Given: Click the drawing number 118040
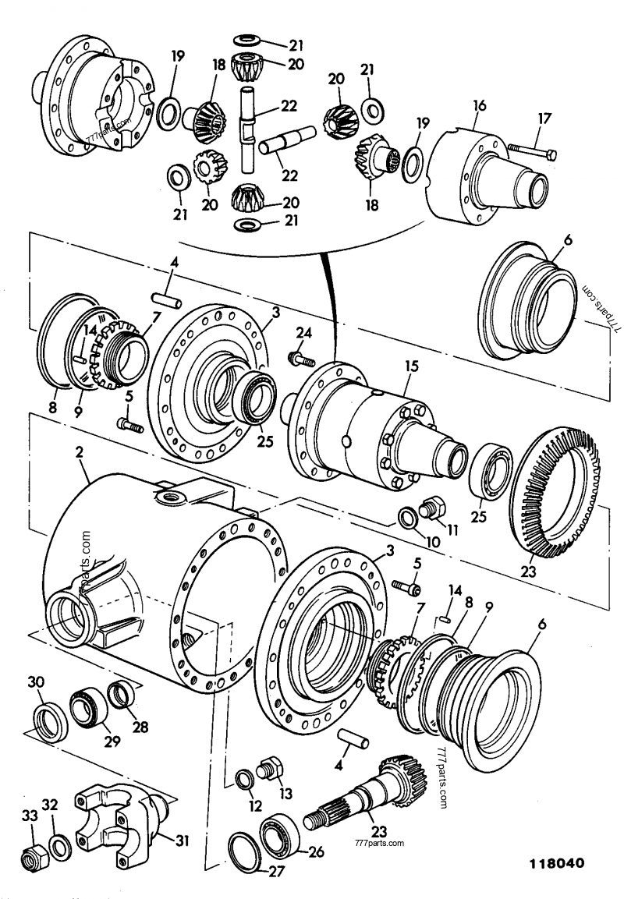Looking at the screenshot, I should tap(557, 865).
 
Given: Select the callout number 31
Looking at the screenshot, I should tap(181, 841).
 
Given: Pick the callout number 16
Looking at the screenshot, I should tap(479, 104).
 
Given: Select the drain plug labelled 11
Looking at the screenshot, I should tap(428, 509).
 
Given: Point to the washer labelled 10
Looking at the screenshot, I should tap(406, 518).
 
